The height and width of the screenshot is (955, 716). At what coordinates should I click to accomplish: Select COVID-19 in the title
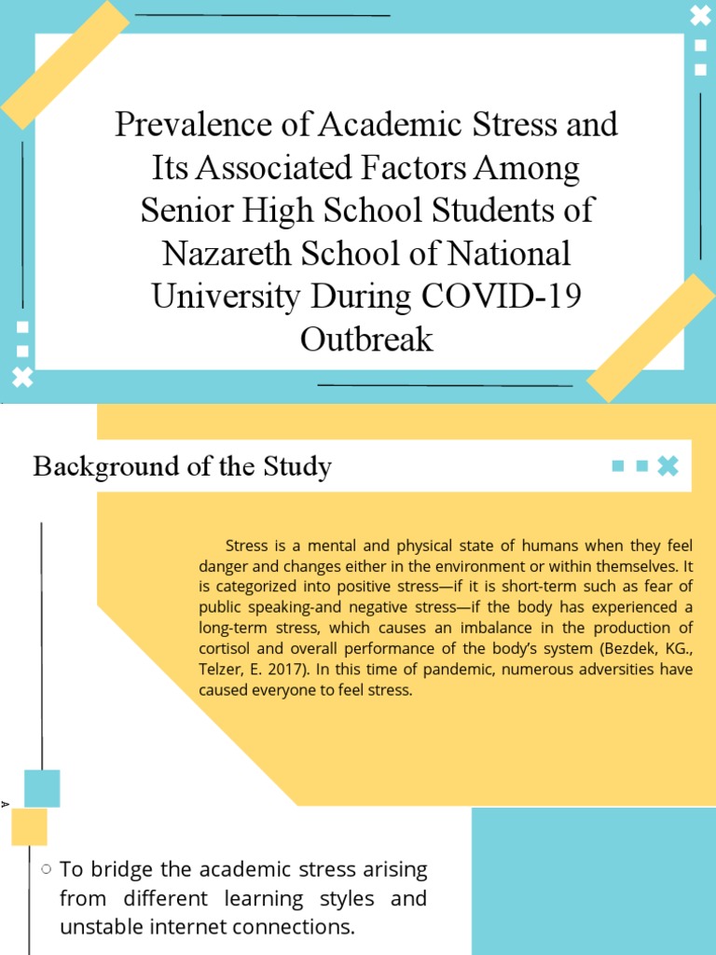[x=503, y=296]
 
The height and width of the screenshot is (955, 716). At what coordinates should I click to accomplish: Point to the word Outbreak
[x=366, y=339]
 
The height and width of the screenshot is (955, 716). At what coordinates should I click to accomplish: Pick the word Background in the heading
[x=98, y=466]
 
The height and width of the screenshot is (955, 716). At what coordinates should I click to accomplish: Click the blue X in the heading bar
[x=668, y=466]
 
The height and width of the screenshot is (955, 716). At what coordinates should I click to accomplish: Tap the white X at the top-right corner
[x=699, y=15]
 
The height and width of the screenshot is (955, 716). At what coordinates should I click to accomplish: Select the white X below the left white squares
[x=22, y=377]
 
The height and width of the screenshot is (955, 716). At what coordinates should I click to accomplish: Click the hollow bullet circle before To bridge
[x=45, y=869]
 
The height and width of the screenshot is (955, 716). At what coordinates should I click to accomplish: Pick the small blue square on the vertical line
[x=42, y=788]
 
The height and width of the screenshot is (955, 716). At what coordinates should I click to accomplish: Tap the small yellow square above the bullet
[x=29, y=827]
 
